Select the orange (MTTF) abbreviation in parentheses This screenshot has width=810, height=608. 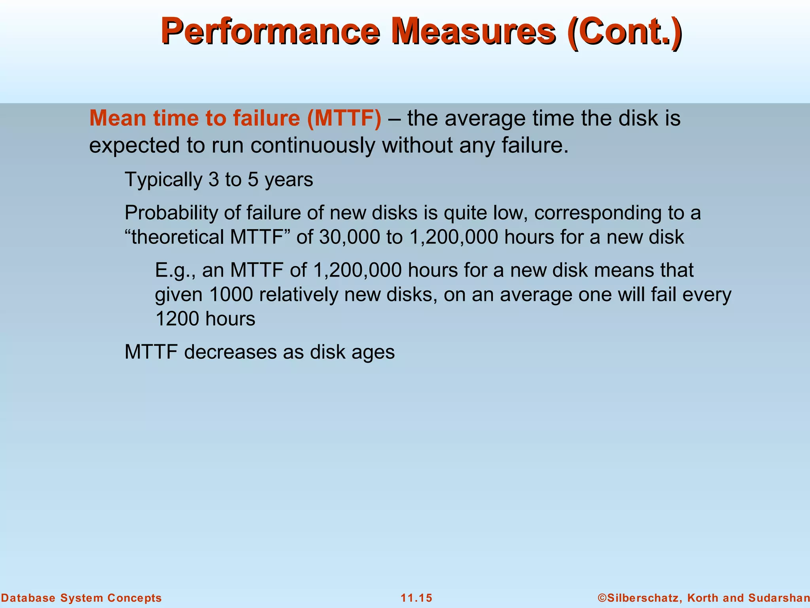click(344, 118)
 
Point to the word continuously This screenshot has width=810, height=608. click(312, 145)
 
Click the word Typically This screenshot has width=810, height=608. click(163, 179)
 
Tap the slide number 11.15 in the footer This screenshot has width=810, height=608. click(416, 598)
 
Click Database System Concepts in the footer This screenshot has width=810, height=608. click(81, 598)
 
